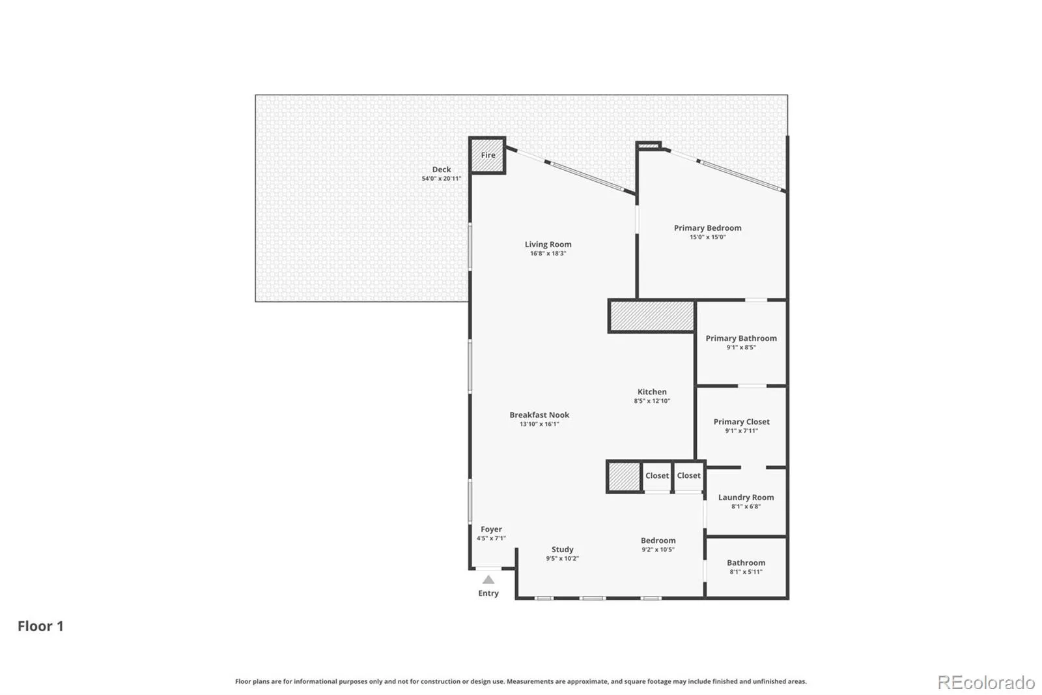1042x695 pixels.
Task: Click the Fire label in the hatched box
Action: pos(488,155)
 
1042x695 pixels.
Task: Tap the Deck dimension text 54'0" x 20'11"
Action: pos(442,179)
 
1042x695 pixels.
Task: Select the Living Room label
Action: pos(548,244)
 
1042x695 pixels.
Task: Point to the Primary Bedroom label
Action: pos(707,228)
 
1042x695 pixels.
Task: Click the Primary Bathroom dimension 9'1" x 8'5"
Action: pos(741,347)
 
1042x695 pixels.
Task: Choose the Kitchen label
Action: pos(652,392)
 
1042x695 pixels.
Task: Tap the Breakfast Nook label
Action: pos(539,415)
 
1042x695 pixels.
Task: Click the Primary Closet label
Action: pos(742,422)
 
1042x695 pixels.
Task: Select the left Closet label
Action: pos(657,475)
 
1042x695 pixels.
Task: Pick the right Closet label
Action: pos(688,475)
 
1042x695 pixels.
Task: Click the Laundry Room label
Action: pos(746,497)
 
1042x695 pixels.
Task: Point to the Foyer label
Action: pos(491,529)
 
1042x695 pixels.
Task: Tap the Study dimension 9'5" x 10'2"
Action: pos(563,559)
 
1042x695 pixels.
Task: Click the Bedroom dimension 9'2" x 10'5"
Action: pos(658,550)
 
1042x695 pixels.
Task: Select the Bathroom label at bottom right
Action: pos(746,563)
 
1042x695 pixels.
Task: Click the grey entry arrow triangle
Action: pos(488,580)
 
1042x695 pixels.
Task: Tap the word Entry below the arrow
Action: pos(488,593)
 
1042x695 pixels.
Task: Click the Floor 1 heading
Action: pos(40,626)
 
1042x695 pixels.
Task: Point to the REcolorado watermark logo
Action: pos(987,683)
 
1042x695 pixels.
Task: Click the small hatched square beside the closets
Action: pos(625,477)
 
